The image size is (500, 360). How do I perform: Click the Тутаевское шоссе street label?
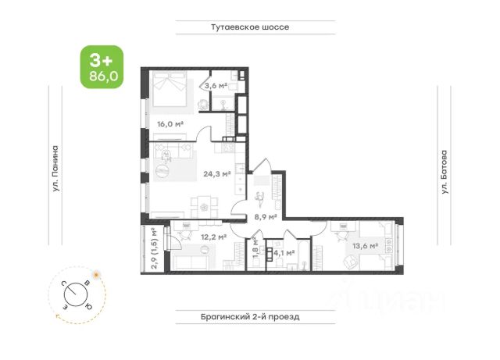point(250,27)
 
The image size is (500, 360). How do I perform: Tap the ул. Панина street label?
point(55,169)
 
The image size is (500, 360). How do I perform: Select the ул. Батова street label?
point(444,172)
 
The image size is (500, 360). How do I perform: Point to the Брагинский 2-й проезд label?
point(250,317)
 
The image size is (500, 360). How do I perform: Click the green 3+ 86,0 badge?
point(102,67)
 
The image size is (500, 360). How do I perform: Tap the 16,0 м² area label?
point(170,124)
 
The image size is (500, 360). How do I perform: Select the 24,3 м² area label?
point(217,174)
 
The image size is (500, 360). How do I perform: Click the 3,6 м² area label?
point(216,86)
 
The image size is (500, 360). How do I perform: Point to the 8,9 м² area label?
point(266,217)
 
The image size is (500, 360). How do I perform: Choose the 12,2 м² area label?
point(213,237)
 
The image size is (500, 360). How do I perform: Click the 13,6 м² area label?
point(366,246)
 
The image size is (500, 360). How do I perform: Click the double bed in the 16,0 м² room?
point(170,89)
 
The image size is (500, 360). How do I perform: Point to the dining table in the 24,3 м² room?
point(204,207)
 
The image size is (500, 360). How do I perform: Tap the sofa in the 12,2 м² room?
point(191,262)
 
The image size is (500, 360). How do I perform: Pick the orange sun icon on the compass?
point(96,274)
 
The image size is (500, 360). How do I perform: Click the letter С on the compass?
point(64,283)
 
